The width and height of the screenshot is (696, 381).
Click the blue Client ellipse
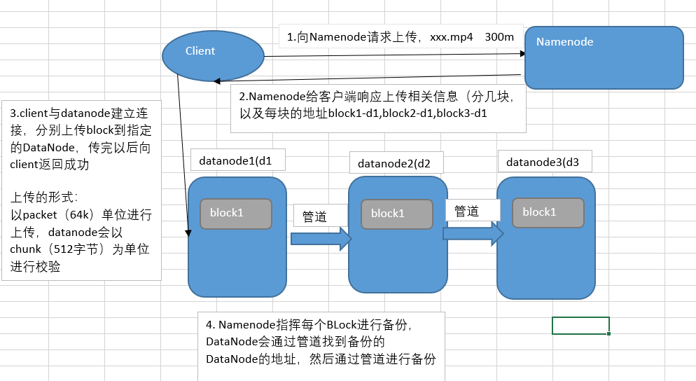click(213, 55)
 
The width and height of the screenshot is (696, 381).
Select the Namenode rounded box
click(604, 58)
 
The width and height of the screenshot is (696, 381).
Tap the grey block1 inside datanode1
click(236, 214)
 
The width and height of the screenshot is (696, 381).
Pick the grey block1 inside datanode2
click(396, 214)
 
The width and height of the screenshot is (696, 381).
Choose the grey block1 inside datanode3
click(547, 212)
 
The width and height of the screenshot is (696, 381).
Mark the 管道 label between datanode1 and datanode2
click(314, 216)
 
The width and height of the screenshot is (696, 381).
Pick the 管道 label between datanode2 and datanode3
click(466, 211)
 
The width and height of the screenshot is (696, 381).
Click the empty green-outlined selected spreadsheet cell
click(580, 326)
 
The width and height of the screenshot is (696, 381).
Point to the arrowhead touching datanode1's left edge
click(188, 233)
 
